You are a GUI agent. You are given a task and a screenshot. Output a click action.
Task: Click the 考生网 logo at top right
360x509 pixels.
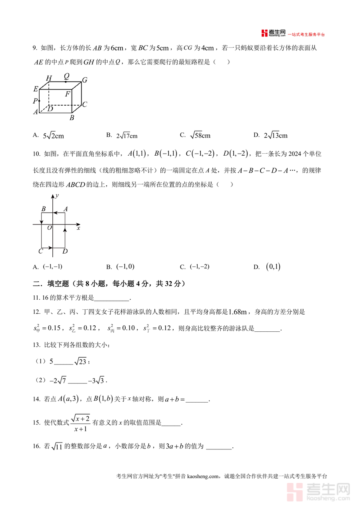[274, 33]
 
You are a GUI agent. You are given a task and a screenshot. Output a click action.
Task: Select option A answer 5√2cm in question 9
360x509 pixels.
[53, 136]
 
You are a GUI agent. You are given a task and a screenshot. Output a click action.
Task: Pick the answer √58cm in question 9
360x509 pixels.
[200, 136]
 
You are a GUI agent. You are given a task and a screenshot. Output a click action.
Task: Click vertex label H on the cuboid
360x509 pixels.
[48, 78]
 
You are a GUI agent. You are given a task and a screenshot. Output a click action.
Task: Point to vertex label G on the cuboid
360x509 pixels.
[84, 80]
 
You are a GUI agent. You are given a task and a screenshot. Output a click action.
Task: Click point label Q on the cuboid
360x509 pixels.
[66, 76]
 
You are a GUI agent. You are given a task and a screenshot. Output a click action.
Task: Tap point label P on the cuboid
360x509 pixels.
[35, 101]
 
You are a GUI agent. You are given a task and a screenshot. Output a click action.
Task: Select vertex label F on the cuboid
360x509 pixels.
[68, 94]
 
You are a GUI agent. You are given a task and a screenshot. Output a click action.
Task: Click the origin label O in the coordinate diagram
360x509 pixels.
[49, 228]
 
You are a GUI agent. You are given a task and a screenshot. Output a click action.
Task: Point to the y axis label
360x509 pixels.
[58, 195]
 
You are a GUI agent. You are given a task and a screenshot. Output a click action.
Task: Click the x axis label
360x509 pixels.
[78, 228]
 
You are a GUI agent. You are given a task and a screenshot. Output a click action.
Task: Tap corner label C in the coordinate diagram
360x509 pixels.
[40, 251]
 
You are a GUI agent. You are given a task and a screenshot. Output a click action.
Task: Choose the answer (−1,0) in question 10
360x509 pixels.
[125, 267]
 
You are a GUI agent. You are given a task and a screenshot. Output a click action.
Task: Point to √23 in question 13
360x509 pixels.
[80, 361]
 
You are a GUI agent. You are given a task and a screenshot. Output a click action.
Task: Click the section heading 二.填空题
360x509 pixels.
[56, 284]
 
